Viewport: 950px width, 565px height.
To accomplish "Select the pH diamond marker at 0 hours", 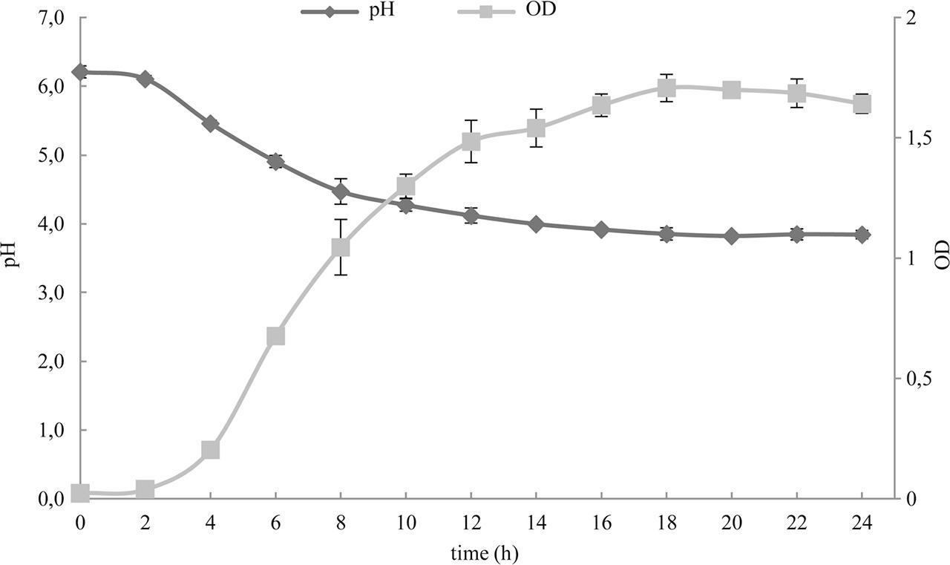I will pyautogui.click(x=80, y=72).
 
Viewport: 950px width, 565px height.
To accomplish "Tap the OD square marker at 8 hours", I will pyautogui.click(x=341, y=247).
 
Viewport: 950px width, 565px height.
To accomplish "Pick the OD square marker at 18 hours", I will pyautogui.click(x=666, y=88).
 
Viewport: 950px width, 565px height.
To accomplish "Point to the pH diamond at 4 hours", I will pyautogui.click(x=210, y=124).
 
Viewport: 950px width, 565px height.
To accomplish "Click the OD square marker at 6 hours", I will pyautogui.click(x=275, y=336).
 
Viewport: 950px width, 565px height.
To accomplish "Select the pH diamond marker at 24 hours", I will pyautogui.click(x=862, y=235).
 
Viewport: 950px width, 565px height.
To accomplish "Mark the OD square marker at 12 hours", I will pyautogui.click(x=471, y=141).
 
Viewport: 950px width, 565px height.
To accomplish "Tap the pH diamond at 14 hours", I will pyautogui.click(x=536, y=224).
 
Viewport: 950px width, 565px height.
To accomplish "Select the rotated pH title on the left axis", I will pyautogui.click(x=12, y=258).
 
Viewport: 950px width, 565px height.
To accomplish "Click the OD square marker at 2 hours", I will pyautogui.click(x=145, y=489).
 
